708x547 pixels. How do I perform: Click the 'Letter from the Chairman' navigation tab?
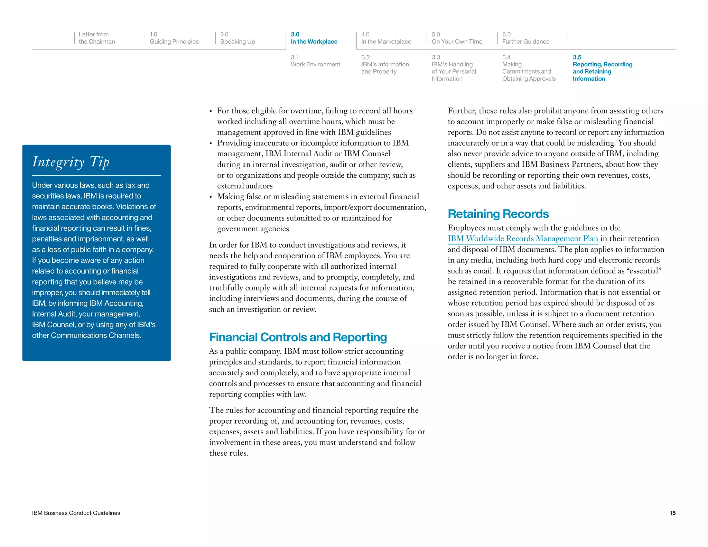(x=96, y=38)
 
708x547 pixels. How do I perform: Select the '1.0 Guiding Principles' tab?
(x=174, y=38)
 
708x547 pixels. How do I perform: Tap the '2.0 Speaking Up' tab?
(x=237, y=38)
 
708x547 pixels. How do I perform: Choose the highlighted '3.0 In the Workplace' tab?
(x=314, y=38)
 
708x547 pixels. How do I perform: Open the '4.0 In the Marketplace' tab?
(x=386, y=38)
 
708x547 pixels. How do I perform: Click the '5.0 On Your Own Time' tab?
(x=457, y=38)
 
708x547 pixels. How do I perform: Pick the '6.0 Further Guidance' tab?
(x=525, y=38)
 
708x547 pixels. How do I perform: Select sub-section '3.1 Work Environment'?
(x=315, y=61)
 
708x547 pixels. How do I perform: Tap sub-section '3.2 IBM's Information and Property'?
(x=385, y=65)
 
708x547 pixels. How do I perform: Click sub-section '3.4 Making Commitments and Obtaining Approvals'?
(x=529, y=68)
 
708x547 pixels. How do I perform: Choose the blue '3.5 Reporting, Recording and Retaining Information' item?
(x=602, y=68)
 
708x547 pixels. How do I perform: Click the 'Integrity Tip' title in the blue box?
(x=71, y=162)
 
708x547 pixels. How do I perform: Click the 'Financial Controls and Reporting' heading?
(x=298, y=337)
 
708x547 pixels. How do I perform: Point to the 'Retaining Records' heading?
(x=498, y=214)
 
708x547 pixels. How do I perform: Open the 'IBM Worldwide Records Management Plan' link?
(x=522, y=239)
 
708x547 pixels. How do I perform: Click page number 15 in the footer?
(x=672, y=513)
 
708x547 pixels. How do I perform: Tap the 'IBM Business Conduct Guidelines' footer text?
(x=76, y=513)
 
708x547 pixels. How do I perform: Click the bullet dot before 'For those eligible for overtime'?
(x=211, y=112)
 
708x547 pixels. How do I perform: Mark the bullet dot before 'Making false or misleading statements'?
(x=211, y=197)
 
